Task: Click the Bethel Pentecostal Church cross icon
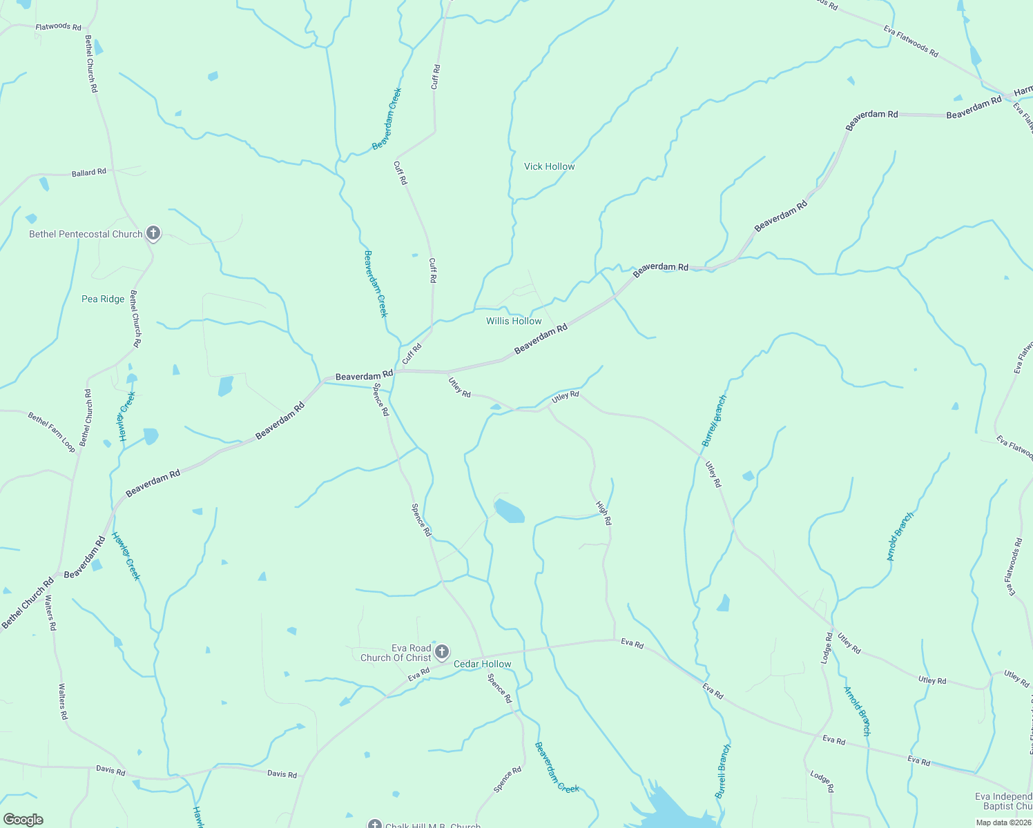(153, 234)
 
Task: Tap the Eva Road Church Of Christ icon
(442, 652)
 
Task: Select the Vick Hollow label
(549, 166)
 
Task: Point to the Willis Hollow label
(514, 321)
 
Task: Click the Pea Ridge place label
(103, 299)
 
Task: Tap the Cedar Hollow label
(482, 664)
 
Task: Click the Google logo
(23, 820)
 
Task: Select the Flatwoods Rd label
(58, 26)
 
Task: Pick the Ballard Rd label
(89, 172)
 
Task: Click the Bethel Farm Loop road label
(52, 432)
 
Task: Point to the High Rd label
(604, 513)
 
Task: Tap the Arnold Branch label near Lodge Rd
(857, 711)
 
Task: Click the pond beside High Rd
(510, 511)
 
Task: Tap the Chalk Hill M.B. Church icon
(375, 824)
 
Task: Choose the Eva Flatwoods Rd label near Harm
(911, 41)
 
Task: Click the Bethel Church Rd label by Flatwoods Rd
(91, 64)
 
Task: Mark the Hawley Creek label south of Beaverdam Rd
(126, 556)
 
